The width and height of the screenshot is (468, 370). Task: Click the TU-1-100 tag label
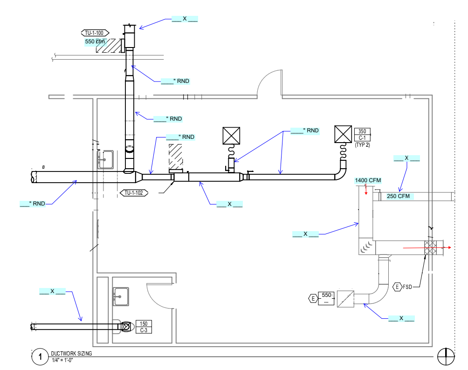click(95, 33)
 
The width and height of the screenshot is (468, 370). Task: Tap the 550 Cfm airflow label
click(95, 42)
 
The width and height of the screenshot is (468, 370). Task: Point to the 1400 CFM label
click(368, 180)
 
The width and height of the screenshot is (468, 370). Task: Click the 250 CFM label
click(398, 196)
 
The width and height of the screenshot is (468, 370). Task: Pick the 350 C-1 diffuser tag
click(362, 135)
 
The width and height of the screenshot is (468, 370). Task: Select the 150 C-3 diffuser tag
click(144, 327)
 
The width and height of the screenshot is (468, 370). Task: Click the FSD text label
click(408, 287)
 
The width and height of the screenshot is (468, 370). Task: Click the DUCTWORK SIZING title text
click(72, 354)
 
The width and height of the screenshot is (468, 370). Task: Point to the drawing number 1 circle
click(41, 357)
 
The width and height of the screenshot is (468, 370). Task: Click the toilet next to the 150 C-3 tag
click(125, 327)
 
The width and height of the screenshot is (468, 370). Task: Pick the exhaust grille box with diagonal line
click(345, 298)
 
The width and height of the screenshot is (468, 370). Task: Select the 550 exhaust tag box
click(326, 298)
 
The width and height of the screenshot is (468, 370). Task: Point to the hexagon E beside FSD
click(398, 287)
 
